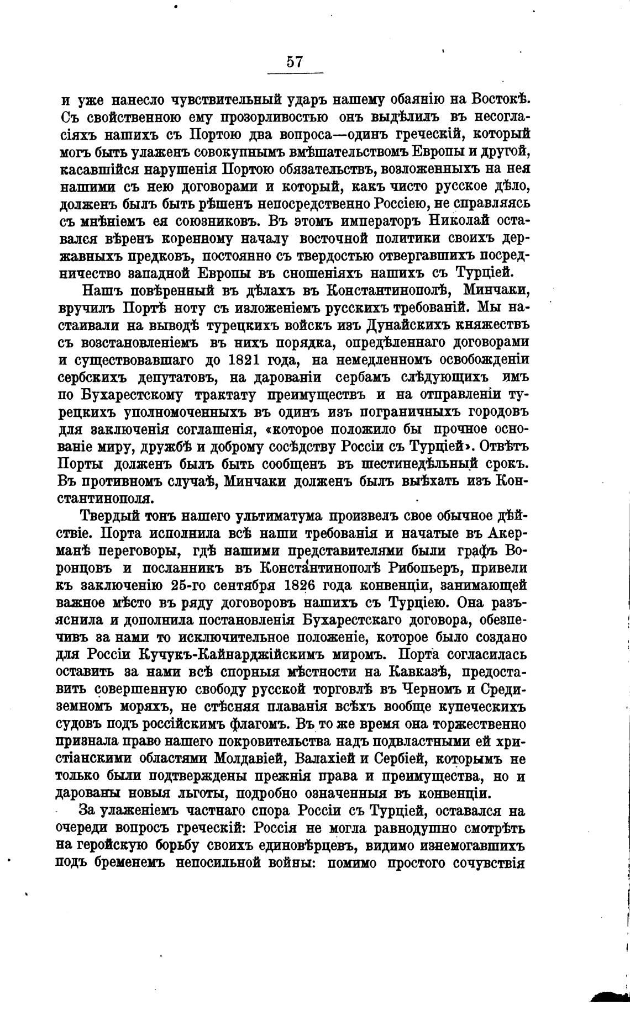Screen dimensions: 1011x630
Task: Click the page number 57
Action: [x=295, y=61]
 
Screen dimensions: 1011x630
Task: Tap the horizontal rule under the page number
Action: [x=295, y=72]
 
